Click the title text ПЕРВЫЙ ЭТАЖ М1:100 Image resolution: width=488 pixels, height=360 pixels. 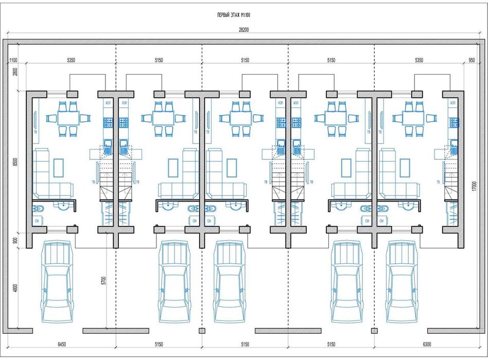pos(234,15)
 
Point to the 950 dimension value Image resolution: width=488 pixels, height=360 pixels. pos(472,61)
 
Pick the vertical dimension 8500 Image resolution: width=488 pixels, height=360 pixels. pos(15,161)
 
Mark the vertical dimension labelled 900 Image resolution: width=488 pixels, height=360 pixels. pos(15,240)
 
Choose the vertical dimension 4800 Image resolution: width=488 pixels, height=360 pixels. pos(15,289)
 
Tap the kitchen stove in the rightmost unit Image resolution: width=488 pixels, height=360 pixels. pos(455,122)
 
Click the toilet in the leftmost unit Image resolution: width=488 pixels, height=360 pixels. pos(38,209)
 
